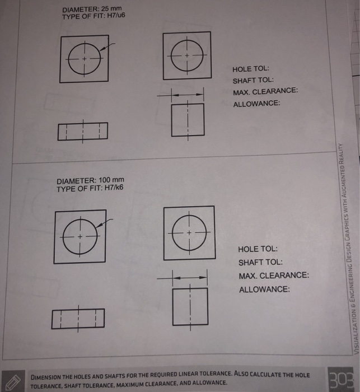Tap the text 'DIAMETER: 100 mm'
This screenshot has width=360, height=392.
point(90,180)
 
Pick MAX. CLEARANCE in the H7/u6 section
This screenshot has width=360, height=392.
point(265,92)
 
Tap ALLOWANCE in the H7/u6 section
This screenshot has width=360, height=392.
point(256,104)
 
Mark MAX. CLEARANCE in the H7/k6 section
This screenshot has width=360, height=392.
point(273,276)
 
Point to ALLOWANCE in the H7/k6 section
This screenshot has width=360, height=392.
point(264,290)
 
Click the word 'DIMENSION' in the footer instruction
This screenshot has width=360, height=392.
point(50,376)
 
